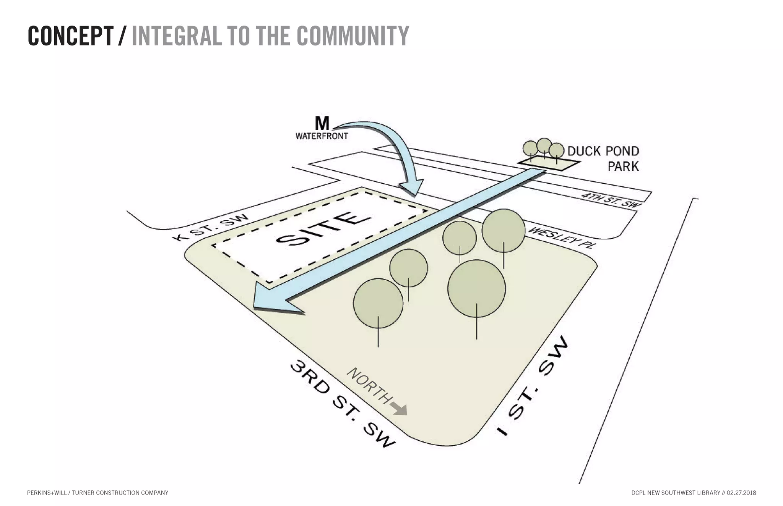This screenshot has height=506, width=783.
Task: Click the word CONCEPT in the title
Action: [70, 36]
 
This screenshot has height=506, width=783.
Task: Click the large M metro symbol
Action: [322, 123]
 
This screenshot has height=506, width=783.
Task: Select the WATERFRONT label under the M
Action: [322, 136]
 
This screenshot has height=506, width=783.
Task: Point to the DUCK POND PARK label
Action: [603, 158]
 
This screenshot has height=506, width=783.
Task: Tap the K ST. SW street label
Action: [211, 228]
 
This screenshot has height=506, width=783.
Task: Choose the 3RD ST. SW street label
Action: [342, 405]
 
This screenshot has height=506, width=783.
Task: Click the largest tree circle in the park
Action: [476, 288]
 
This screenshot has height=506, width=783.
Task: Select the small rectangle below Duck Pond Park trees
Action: [549, 163]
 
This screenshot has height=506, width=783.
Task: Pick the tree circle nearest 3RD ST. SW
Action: [378, 303]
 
